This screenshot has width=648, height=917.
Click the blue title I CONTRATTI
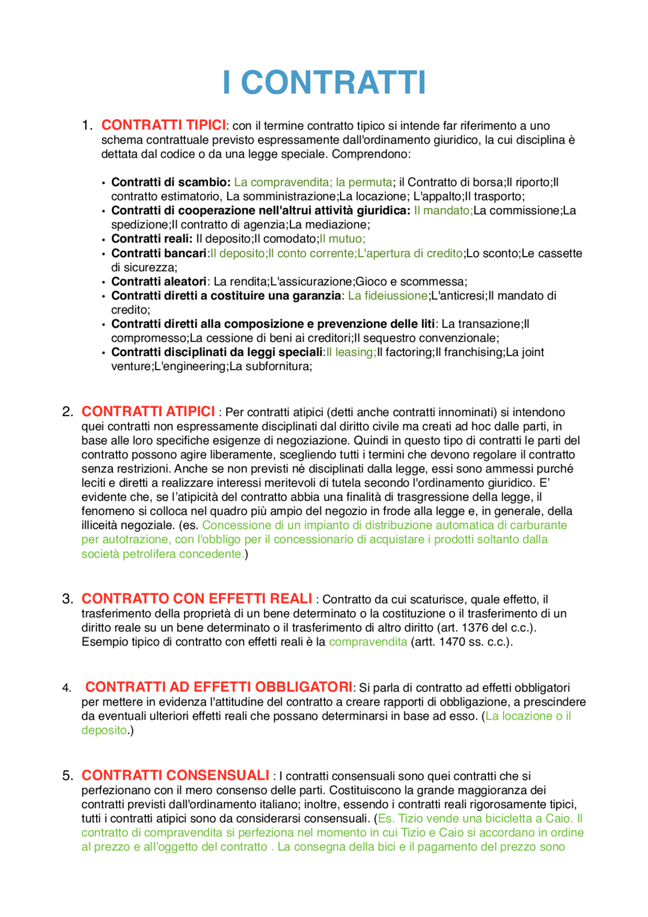324,83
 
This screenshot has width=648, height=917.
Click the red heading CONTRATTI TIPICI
164,125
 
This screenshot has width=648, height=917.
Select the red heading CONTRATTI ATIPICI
148,411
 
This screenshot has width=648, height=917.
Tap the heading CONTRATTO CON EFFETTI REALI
196,599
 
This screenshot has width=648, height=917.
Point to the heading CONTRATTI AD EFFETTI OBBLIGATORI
218,687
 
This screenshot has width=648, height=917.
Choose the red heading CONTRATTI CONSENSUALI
175,775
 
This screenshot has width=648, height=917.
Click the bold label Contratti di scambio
171,182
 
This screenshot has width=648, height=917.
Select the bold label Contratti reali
151,239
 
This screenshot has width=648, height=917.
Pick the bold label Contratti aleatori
159,282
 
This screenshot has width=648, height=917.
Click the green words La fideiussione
387,296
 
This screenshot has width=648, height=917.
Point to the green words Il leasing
350,352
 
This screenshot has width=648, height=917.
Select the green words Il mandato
442,211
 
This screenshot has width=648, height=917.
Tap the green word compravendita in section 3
368,642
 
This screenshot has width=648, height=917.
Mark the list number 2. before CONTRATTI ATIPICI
68,412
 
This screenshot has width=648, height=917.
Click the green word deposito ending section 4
104,730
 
